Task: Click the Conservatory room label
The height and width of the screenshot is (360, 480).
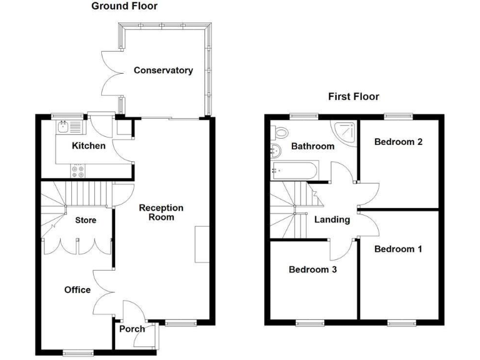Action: click(x=163, y=71)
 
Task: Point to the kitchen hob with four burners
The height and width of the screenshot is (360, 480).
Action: click(x=79, y=169)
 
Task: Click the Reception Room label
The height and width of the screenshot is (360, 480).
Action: click(x=161, y=212)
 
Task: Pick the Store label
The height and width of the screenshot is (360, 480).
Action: click(x=86, y=220)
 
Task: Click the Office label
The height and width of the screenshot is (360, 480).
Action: click(x=77, y=290)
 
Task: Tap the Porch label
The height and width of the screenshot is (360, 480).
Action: click(x=132, y=329)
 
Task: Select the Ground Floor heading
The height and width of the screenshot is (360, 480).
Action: click(x=124, y=6)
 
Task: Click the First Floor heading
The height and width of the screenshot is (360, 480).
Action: click(x=354, y=96)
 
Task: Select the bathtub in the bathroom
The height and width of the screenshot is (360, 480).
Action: click(x=296, y=169)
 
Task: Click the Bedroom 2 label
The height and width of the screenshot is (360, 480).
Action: click(x=398, y=142)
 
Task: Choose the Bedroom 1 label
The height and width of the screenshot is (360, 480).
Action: click(x=398, y=249)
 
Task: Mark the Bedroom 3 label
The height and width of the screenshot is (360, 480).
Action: click(x=313, y=270)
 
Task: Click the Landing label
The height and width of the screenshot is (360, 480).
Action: click(x=332, y=220)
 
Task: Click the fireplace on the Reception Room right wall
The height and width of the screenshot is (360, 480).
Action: click(x=199, y=244)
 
